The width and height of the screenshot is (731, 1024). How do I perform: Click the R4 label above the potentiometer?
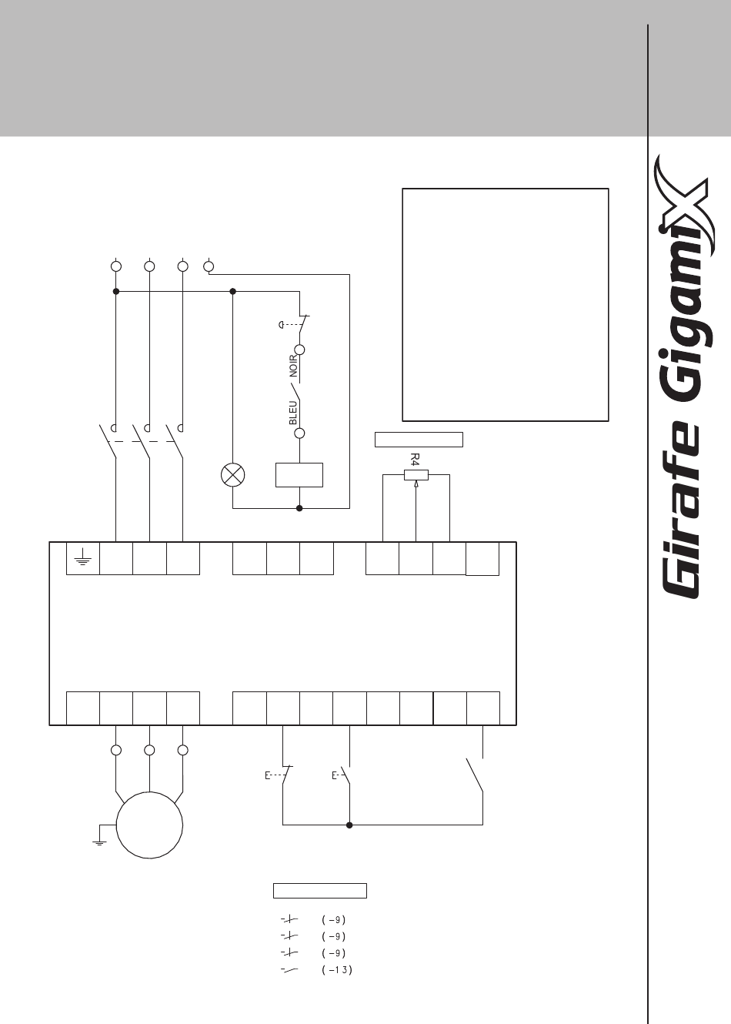[415, 459]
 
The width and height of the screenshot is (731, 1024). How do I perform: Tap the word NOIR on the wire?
[293, 366]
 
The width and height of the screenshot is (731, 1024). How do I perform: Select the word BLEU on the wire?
[293, 413]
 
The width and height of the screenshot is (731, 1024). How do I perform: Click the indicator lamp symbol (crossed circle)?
[232, 475]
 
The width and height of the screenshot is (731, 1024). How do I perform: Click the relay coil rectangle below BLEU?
[299, 475]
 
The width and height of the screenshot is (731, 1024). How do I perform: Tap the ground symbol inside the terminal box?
[82, 559]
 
